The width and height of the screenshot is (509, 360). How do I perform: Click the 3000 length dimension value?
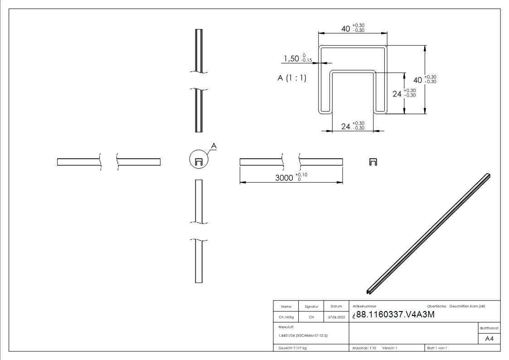[x=284, y=178]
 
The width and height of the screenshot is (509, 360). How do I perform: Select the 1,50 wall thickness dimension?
[x=291, y=59]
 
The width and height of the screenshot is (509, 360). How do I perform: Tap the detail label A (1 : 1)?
[x=292, y=78]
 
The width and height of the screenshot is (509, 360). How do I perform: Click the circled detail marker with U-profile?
[x=199, y=159]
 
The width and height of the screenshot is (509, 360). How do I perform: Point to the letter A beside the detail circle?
[x=214, y=146]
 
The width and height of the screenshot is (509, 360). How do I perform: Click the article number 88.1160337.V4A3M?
[x=395, y=315]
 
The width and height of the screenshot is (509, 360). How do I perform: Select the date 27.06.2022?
[x=336, y=317]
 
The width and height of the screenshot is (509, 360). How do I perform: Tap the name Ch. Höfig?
[x=286, y=317]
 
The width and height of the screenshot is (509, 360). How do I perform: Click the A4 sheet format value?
[x=489, y=339]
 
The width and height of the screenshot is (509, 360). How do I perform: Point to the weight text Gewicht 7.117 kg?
[x=292, y=348]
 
